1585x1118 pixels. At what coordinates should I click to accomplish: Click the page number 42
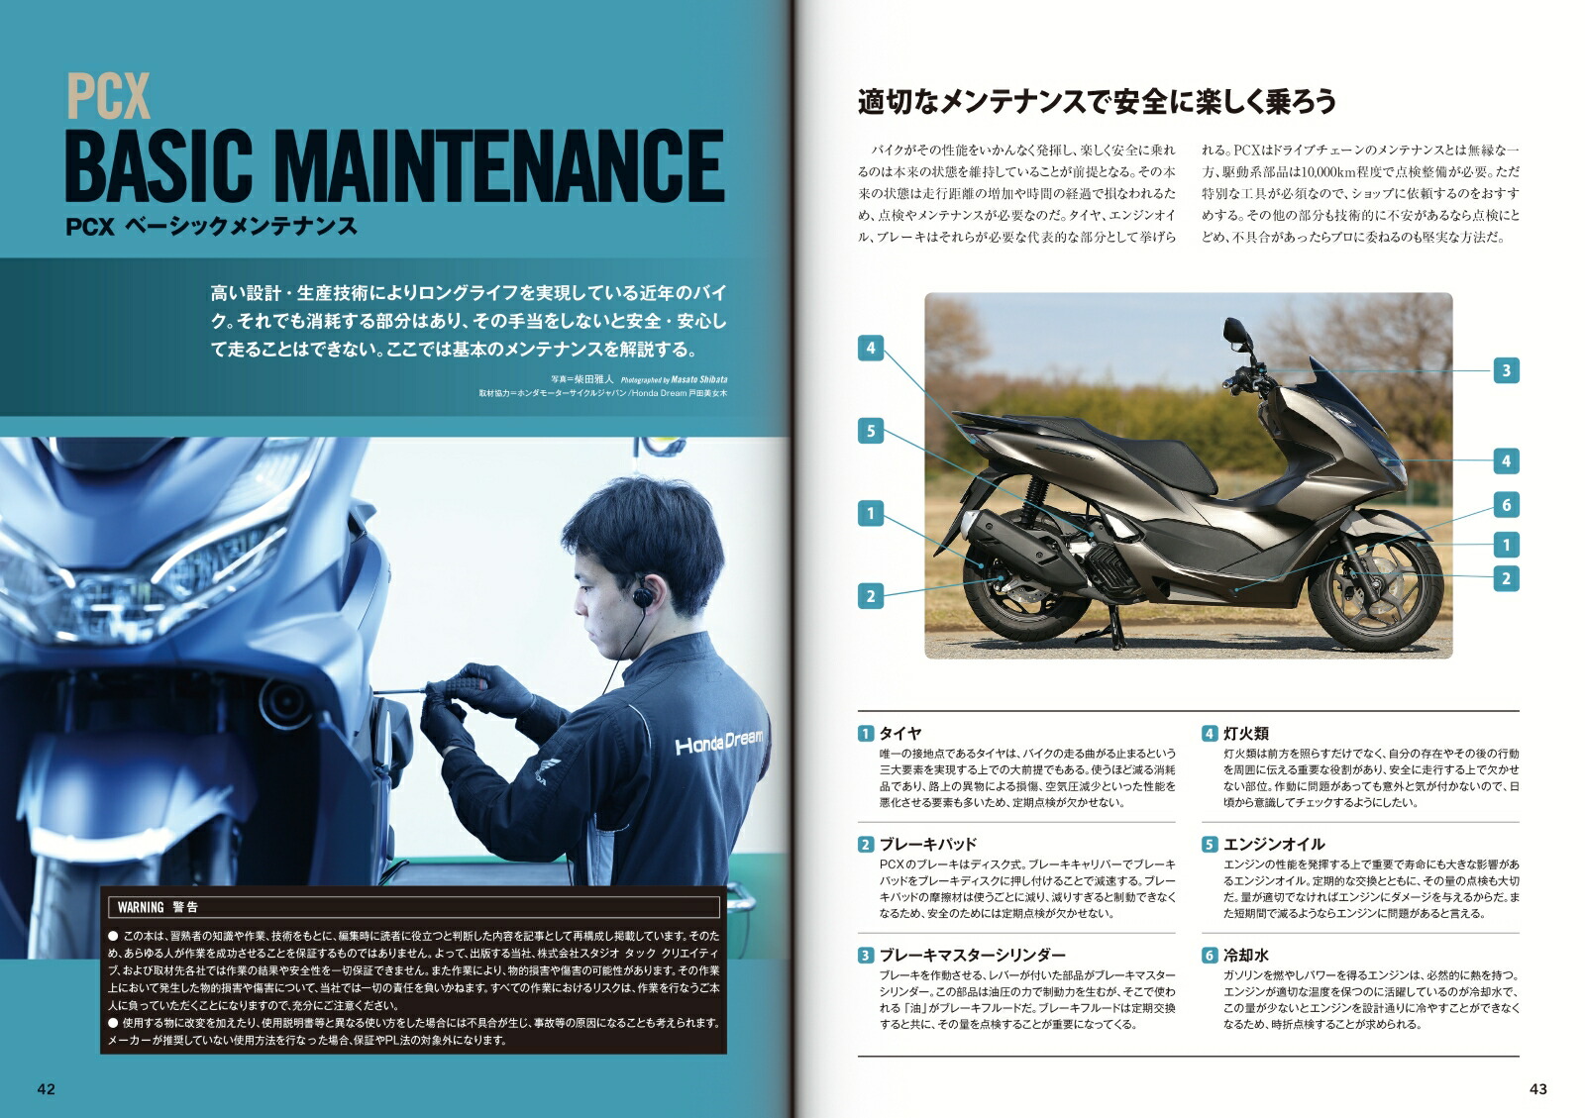(47, 1089)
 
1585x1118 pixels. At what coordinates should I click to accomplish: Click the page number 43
(1537, 1089)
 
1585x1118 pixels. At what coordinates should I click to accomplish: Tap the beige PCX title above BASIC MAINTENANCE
(108, 97)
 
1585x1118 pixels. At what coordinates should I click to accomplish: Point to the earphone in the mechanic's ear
(643, 598)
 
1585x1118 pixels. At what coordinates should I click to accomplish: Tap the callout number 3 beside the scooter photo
(1506, 370)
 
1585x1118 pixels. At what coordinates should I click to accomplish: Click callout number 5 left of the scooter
(871, 431)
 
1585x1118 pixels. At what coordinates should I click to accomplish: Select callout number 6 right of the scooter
(1506, 505)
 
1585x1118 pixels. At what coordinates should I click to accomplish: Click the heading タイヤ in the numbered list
(900, 733)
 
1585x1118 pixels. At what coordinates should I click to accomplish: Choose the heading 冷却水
(1245, 955)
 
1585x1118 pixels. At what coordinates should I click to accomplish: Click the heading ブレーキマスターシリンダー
(972, 955)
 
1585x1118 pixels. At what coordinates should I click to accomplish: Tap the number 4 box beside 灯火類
(1210, 734)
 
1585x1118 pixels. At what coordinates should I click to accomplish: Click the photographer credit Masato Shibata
(697, 379)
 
